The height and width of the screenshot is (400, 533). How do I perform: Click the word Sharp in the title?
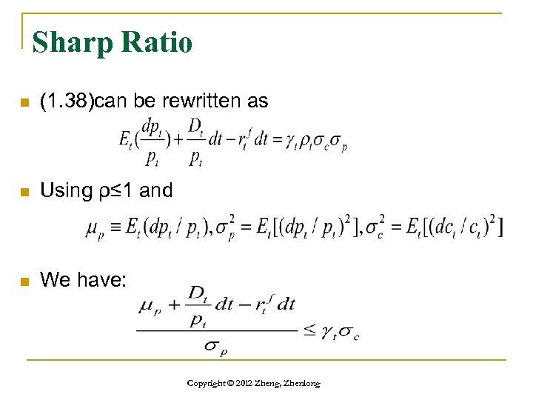click(70, 42)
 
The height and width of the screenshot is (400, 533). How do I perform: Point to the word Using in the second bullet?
click(64, 190)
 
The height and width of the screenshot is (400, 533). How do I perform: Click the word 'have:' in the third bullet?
click(107, 280)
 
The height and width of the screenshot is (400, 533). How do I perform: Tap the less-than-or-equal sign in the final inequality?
click(310, 331)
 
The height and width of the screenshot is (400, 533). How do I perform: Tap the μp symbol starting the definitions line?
click(94, 232)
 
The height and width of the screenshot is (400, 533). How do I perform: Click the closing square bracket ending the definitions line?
click(502, 229)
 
